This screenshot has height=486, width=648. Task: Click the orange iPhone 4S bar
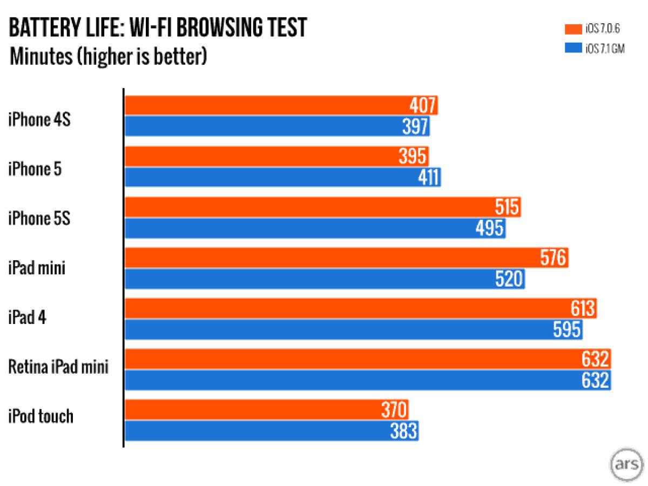281,105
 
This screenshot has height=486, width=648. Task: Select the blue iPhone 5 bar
283,177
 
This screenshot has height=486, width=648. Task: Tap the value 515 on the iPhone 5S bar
507,207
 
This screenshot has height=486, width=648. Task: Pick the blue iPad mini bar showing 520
324,279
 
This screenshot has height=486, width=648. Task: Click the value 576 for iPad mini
553,258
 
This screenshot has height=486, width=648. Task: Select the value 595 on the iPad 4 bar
566,329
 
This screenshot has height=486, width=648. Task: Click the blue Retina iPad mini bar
367,380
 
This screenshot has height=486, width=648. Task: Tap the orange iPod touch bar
267,410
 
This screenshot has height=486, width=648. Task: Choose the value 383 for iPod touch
402,430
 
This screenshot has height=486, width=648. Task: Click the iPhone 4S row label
39,118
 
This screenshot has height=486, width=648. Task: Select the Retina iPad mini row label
58,368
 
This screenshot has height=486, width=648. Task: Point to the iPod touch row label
40,417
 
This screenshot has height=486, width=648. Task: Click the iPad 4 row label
27,318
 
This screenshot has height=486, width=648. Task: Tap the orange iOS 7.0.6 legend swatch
572,29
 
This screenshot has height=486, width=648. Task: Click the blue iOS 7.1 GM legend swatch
572,49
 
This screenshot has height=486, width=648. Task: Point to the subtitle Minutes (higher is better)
108,56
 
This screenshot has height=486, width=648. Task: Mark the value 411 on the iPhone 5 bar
429,177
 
